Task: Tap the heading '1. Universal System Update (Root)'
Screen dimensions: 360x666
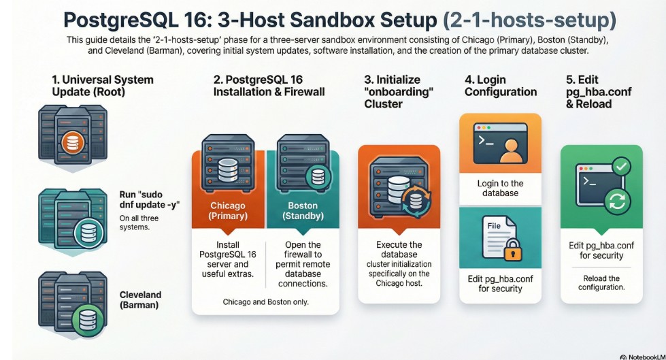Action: pyautogui.click(x=103, y=86)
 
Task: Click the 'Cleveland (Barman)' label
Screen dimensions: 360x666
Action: pyautogui.click(x=141, y=300)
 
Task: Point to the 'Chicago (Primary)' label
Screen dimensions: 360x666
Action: pyautogui.click(x=228, y=211)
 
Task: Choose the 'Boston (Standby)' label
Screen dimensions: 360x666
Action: pyautogui.click(x=303, y=211)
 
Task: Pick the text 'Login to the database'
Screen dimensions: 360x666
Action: pyautogui.click(x=501, y=188)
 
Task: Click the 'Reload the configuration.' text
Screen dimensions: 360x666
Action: pyautogui.click(x=601, y=282)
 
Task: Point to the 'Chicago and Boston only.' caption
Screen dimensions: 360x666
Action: pyautogui.click(x=265, y=301)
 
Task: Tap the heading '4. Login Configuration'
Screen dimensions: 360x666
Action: pyautogui.click(x=501, y=86)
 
